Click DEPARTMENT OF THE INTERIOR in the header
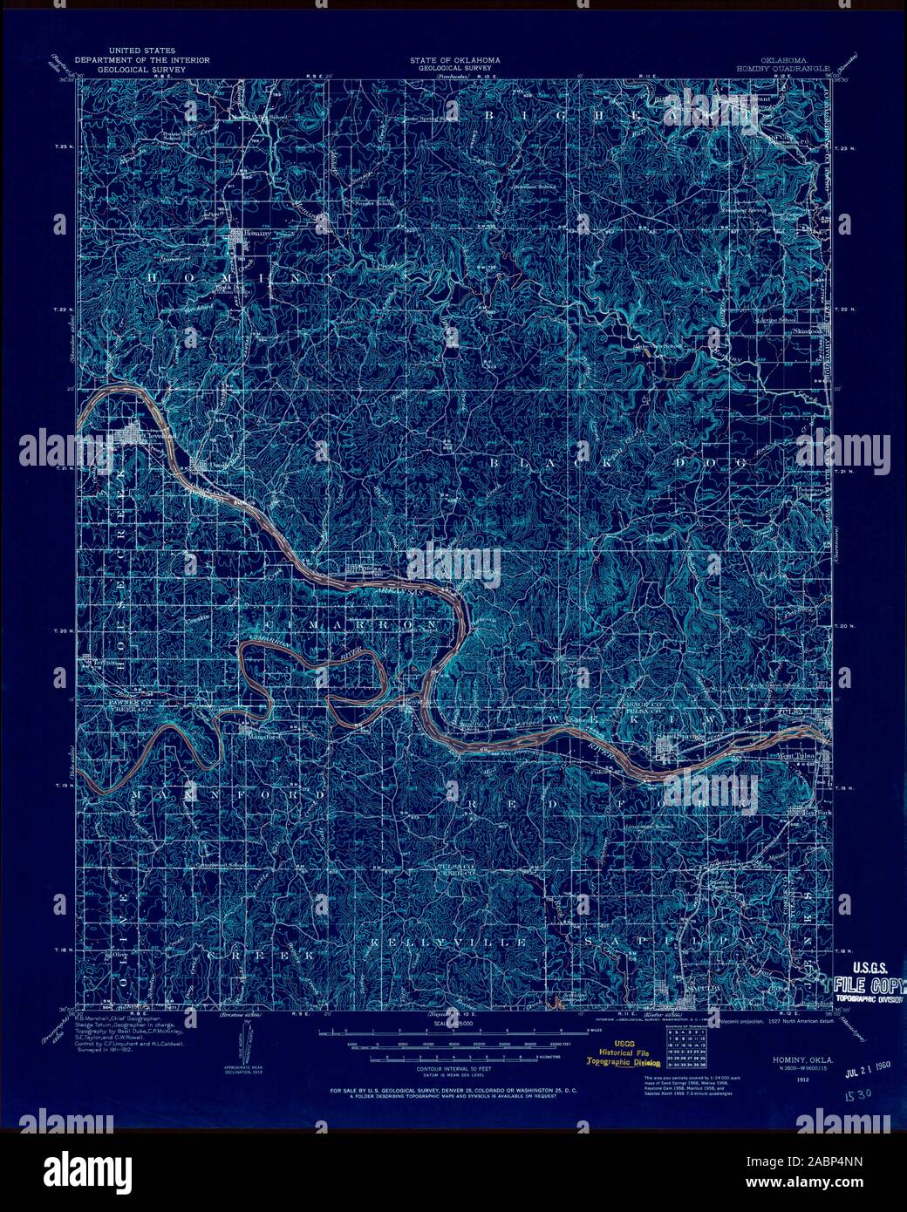coord(142,60)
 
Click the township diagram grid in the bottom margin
coord(686,1050)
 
